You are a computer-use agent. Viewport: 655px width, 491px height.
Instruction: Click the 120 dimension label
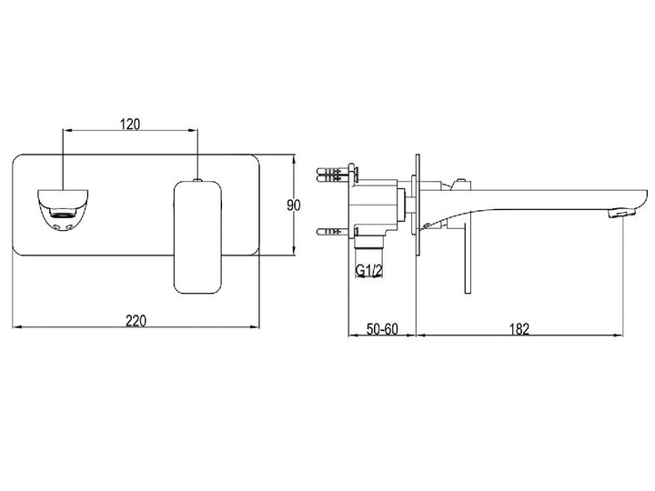(130, 124)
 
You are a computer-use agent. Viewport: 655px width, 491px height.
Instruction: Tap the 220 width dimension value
(136, 321)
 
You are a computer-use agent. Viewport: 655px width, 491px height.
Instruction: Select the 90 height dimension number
(294, 205)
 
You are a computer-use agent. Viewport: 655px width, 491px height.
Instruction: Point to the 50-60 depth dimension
(382, 328)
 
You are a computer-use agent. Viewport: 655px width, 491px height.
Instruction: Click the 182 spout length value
(519, 329)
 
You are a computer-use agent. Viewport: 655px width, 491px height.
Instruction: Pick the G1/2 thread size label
(368, 271)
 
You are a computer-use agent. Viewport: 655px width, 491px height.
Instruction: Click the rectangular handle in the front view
(196, 237)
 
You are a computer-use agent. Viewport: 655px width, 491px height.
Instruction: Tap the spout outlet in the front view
(63, 210)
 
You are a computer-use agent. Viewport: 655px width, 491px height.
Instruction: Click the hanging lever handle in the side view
(468, 256)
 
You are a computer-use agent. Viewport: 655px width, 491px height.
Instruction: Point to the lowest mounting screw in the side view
(333, 230)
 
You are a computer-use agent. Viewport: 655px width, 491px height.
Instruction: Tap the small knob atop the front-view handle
(197, 180)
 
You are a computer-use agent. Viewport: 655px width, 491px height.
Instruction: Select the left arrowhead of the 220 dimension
(16, 326)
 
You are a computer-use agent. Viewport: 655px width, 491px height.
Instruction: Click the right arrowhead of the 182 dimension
(618, 335)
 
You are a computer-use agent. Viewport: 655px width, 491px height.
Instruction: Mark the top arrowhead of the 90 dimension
(294, 159)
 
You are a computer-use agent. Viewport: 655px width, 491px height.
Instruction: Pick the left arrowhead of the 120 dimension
(67, 130)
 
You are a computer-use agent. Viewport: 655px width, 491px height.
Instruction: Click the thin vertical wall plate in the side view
(417, 205)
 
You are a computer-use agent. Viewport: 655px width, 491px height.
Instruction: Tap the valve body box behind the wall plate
(374, 207)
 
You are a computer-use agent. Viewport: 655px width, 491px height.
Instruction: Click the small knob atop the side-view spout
(461, 181)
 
